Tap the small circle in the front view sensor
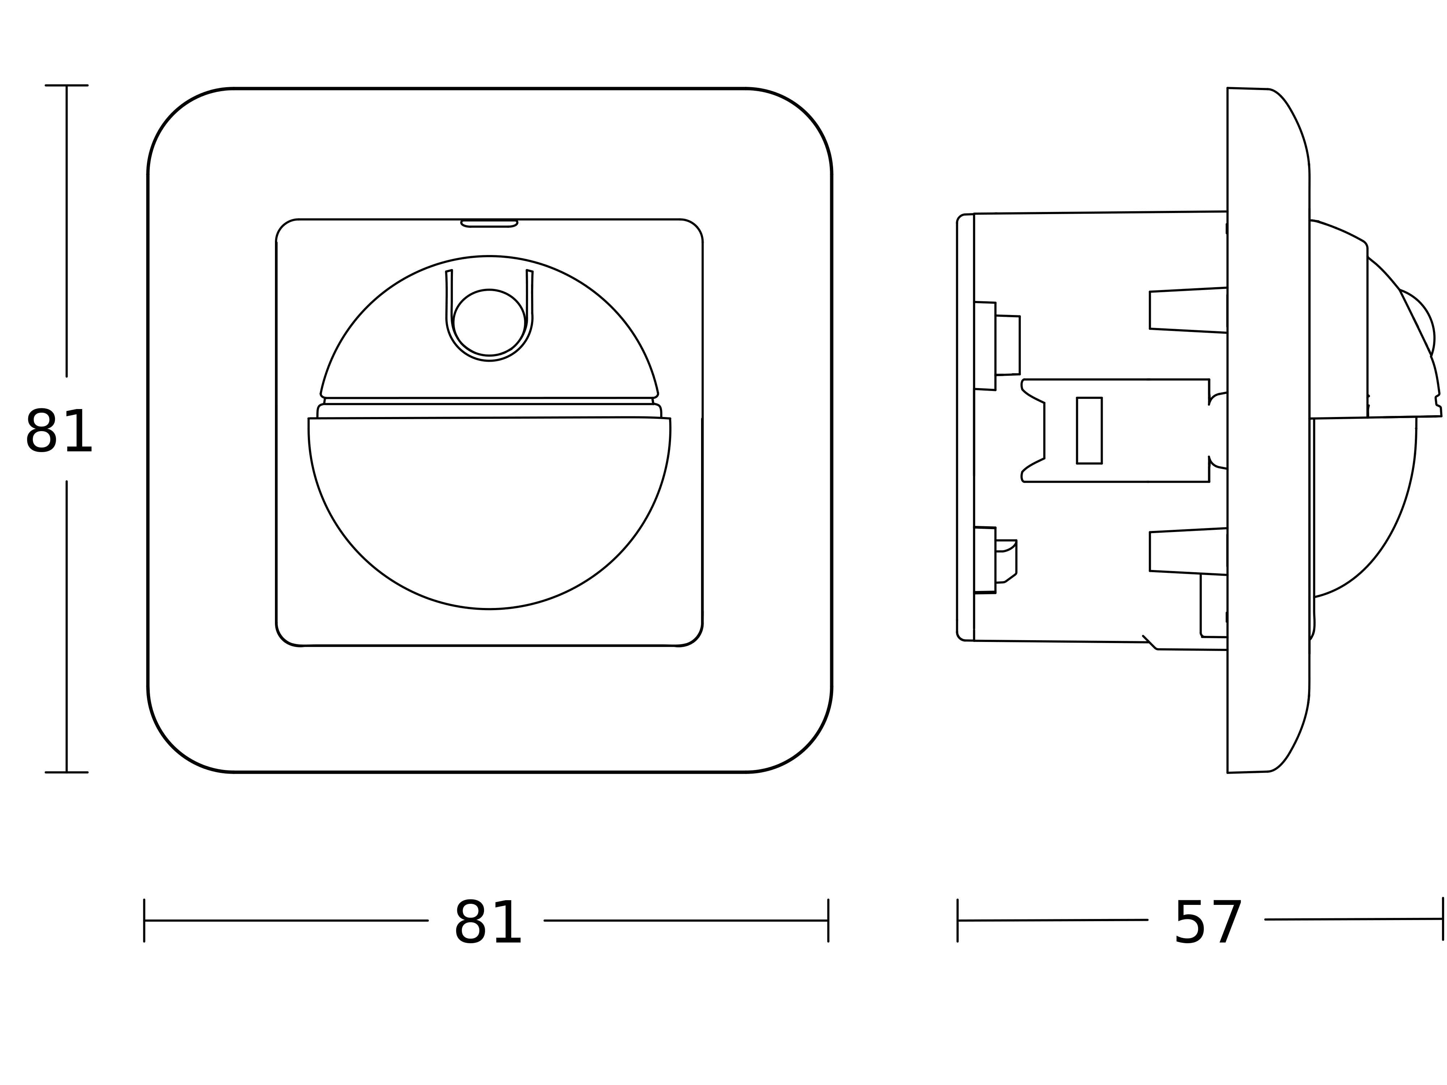[489, 323]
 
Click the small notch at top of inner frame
[489, 224]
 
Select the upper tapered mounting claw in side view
[1187, 310]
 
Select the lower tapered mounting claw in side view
[1187, 551]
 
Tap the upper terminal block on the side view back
[996, 346]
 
